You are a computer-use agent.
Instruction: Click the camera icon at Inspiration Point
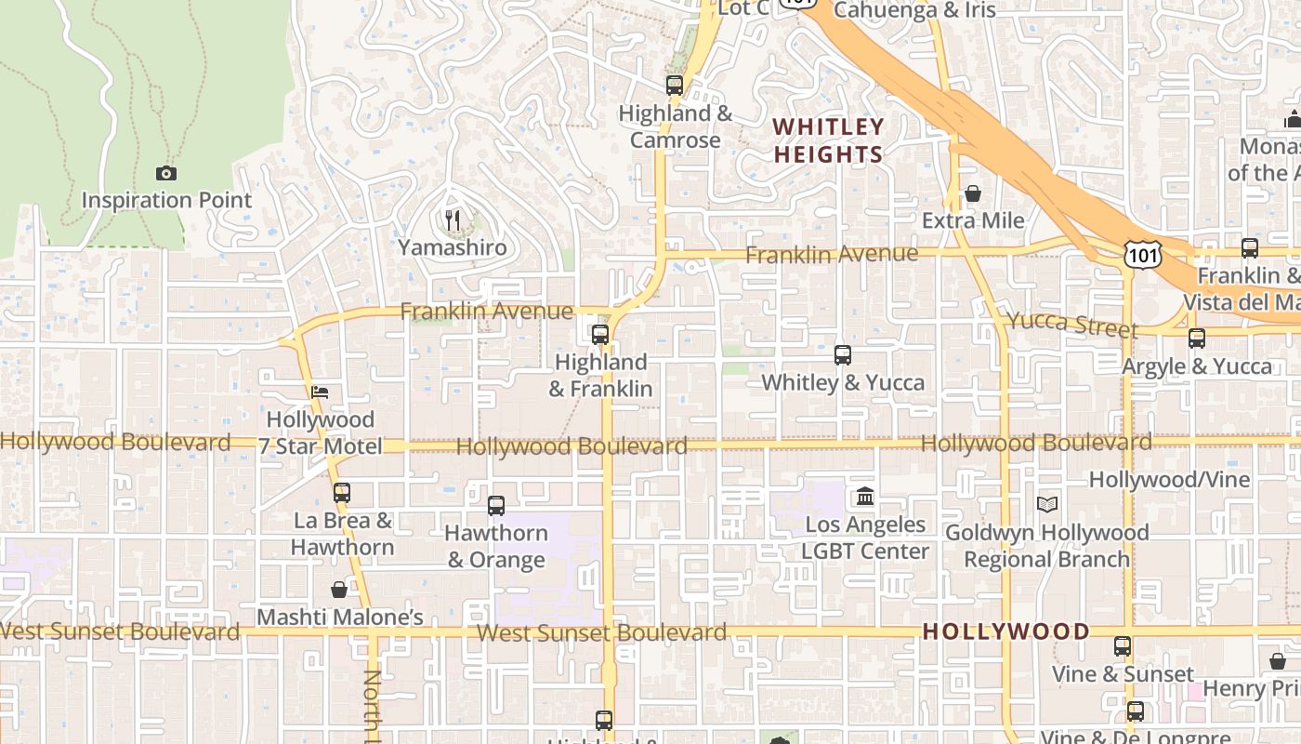click(x=166, y=173)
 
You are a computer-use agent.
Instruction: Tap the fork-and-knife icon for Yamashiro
click(x=453, y=219)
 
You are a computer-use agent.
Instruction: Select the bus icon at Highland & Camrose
click(x=675, y=86)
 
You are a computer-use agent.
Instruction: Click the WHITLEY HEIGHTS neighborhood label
click(x=828, y=140)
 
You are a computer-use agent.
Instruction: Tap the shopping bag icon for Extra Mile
click(x=973, y=193)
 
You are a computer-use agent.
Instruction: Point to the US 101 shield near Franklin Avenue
click(x=1141, y=253)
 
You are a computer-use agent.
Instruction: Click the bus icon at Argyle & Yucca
click(x=1197, y=339)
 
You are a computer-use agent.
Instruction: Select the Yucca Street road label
click(x=1072, y=324)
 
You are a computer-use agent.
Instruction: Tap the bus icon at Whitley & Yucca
click(x=843, y=355)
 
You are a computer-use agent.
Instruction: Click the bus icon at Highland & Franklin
click(x=600, y=334)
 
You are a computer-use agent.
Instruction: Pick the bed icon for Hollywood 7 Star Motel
click(x=320, y=392)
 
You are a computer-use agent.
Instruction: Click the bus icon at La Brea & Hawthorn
click(x=342, y=493)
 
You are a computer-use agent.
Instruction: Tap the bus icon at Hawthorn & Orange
click(x=496, y=506)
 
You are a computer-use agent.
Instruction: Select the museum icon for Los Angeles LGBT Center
click(x=865, y=497)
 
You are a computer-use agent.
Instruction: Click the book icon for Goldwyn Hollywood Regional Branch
click(x=1047, y=505)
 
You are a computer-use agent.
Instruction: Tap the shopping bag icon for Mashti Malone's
click(x=339, y=590)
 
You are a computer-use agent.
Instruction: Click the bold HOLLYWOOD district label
click(x=1005, y=631)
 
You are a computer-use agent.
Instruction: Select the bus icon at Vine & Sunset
click(x=1123, y=646)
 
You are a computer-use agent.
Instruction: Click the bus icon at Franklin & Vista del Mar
click(x=1250, y=248)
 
